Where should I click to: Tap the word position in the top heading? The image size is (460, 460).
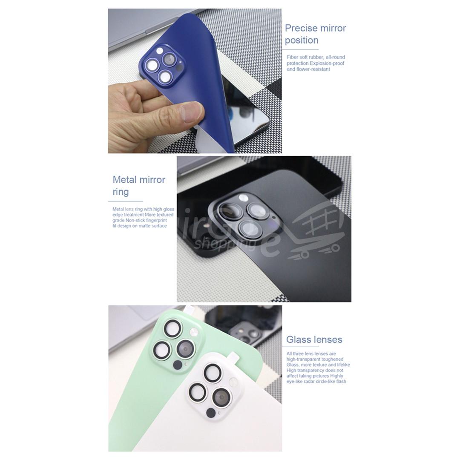(302, 40)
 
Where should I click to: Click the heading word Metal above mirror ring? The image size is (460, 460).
(125, 180)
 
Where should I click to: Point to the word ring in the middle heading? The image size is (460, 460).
(121, 192)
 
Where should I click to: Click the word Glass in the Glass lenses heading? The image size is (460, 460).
(297, 339)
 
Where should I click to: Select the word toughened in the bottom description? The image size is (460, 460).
(332, 359)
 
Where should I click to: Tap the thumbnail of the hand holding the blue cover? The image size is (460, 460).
(195, 81)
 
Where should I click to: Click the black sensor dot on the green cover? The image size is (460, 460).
(178, 365)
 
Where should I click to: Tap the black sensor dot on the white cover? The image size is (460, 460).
(211, 413)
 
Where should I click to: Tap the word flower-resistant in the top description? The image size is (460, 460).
(313, 69)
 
